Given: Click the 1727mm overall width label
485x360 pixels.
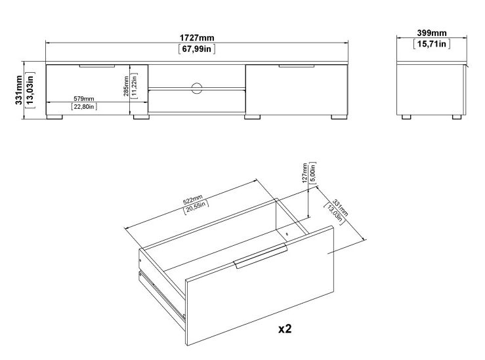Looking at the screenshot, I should pyautogui.click(x=196, y=37).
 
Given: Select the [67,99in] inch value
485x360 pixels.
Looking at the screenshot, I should pyautogui.click(x=196, y=49).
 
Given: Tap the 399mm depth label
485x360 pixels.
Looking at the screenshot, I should pyautogui.click(x=431, y=33).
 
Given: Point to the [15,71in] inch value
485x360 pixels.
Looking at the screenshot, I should pyautogui.click(x=431, y=44).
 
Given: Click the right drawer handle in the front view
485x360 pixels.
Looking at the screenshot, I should pyautogui.click(x=296, y=66).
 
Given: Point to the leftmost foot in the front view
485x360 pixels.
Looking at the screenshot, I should pyautogui.click(x=55, y=119).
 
